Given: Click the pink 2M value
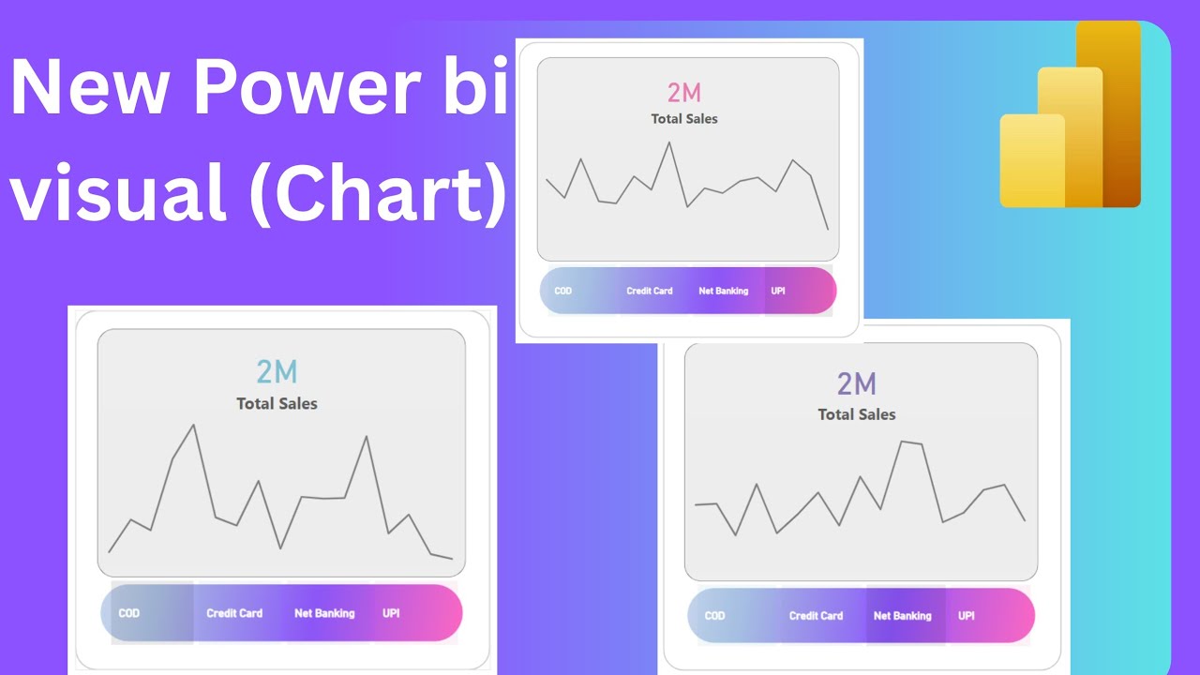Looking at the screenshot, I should point(684,92).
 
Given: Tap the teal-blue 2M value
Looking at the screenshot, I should point(277,372).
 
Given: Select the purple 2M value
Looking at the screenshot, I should point(857,383).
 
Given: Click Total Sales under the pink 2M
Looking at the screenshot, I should point(684,119).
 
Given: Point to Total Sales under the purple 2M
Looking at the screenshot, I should point(857,414).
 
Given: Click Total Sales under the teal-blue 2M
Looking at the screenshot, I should point(277,404).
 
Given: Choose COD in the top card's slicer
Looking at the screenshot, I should point(563,291).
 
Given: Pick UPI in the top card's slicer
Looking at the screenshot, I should point(778,291).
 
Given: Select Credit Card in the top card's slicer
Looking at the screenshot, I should point(650,291).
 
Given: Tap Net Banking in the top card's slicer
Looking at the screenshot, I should point(724,291).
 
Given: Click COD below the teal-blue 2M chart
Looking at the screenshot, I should point(129,613).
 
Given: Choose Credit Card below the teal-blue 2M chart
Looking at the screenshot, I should point(234,613).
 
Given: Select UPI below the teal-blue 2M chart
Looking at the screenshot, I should point(391,613).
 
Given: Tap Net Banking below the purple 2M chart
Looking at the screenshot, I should point(903,616).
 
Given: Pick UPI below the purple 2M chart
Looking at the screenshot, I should point(967,616).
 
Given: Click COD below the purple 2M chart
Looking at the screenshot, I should point(714,616).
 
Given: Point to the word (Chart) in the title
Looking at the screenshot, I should point(377,192).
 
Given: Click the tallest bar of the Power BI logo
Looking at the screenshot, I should point(1108,112).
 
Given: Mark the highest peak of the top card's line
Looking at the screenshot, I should point(669,142).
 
